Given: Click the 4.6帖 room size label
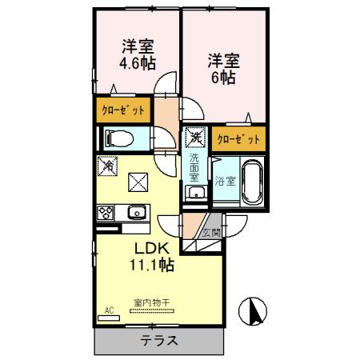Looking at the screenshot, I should tap(138, 62).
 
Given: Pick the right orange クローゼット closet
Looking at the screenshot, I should tap(238, 138).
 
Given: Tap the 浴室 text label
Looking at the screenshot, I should tap(225, 182).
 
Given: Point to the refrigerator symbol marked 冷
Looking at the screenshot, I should tap(107, 165).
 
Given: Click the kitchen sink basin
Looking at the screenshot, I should tap(136, 213).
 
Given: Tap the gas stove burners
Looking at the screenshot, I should tap(106, 213).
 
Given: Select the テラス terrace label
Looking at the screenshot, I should tap(159, 339).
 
